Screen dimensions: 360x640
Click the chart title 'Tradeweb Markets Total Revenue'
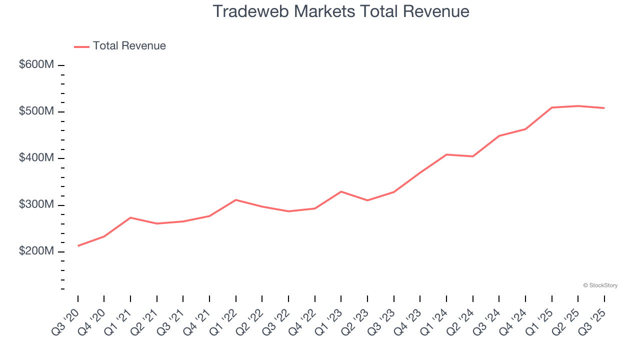click(341, 11)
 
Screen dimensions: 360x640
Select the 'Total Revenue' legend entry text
click(129, 46)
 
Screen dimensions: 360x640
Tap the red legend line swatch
click(81, 46)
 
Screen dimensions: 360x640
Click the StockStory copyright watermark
click(600, 285)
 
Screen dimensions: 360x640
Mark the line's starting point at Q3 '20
click(78, 246)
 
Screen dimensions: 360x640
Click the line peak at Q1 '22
click(235, 200)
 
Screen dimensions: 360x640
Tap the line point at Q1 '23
click(341, 191)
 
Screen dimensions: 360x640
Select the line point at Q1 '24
click(446, 154)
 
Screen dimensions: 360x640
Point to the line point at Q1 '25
click(551, 107)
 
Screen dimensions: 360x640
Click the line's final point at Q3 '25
click(604, 108)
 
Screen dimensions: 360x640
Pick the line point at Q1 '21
click(130, 217)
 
